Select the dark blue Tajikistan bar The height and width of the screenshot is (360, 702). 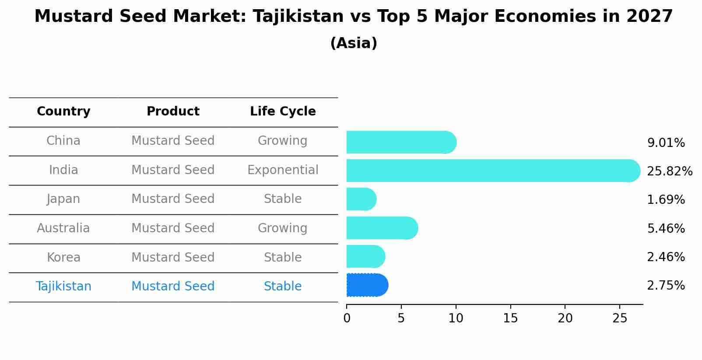(367, 285)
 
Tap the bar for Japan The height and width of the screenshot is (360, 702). (361, 199)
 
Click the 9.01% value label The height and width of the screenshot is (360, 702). (666, 143)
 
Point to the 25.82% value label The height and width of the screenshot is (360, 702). (670, 171)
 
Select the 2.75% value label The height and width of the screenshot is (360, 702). (666, 286)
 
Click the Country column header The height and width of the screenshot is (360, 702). (63, 112)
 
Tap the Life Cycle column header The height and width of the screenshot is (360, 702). (283, 112)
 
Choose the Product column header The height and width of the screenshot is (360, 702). (173, 112)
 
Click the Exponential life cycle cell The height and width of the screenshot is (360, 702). (283, 170)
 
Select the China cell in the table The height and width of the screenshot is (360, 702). (63, 141)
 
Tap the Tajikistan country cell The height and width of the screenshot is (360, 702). (63, 287)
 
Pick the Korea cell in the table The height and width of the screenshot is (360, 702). (63, 258)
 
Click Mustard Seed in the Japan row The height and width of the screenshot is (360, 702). (173, 199)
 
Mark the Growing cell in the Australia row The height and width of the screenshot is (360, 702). (283, 228)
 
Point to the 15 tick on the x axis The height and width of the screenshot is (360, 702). (510, 318)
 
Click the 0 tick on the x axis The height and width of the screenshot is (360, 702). (347, 318)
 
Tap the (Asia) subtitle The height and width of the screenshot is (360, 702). (354, 43)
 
